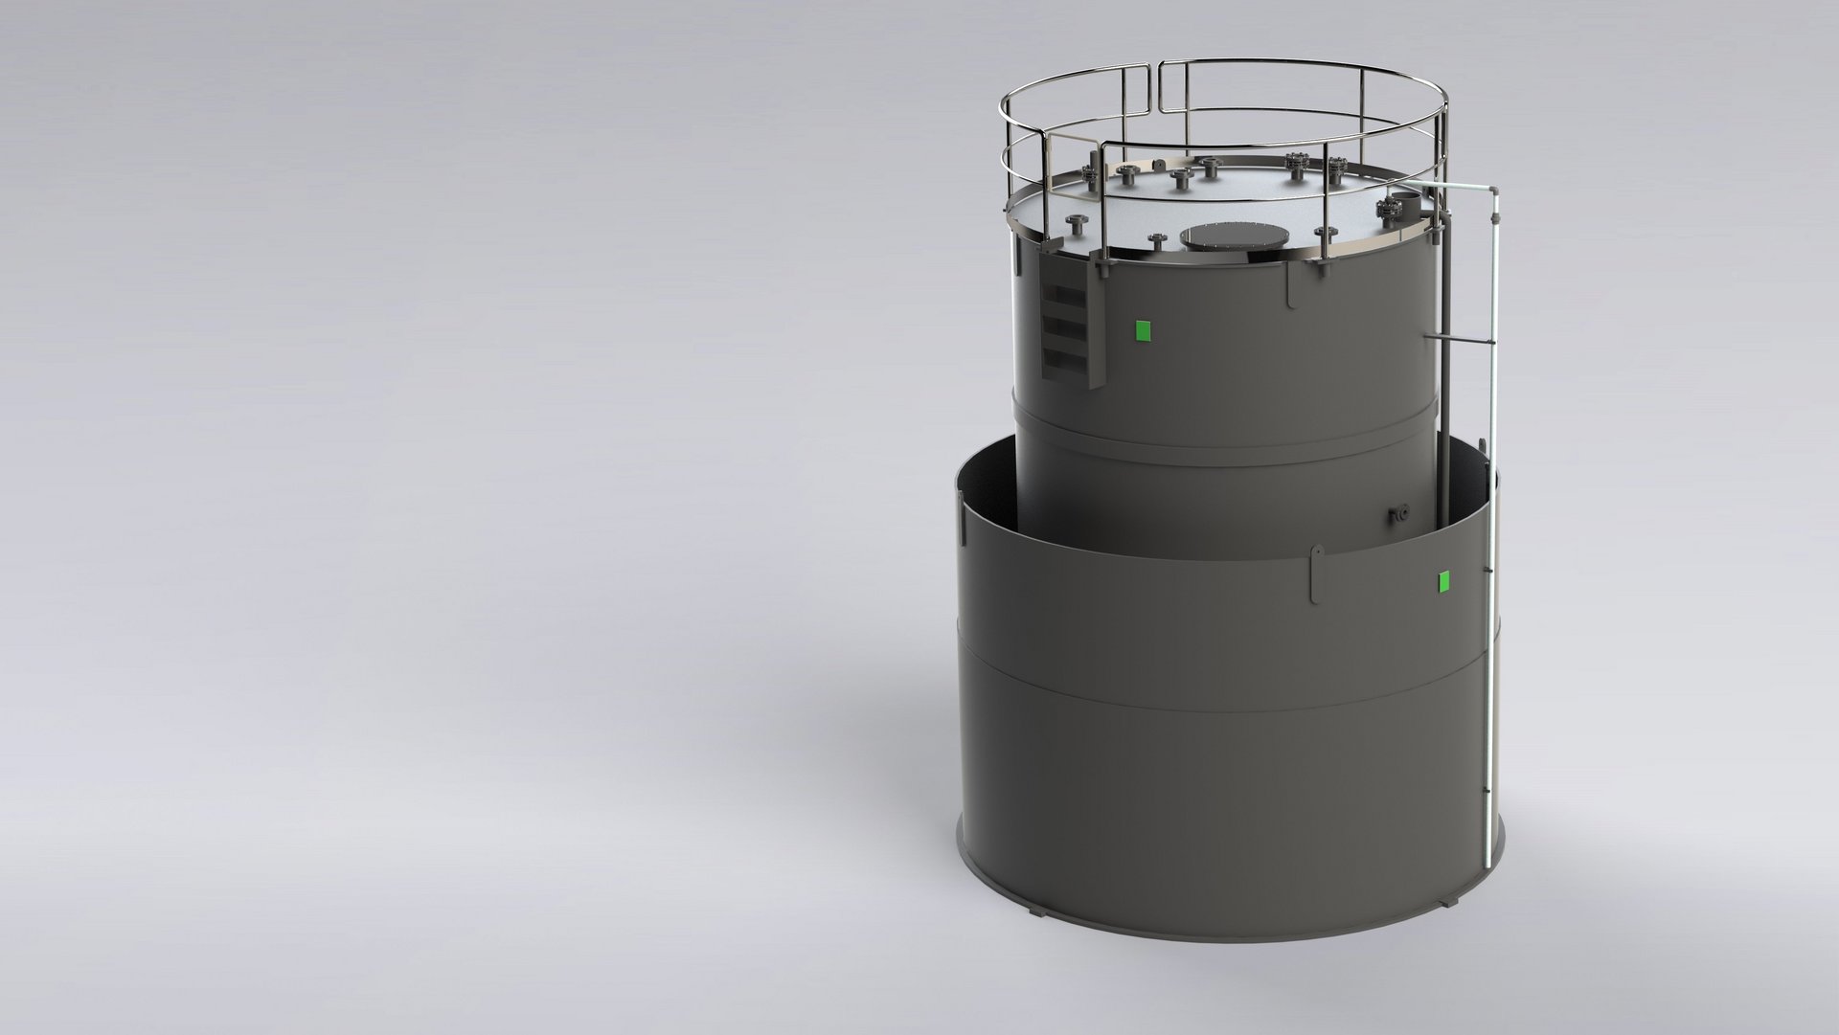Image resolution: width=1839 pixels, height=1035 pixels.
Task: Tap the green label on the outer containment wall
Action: pyautogui.click(x=1443, y=580)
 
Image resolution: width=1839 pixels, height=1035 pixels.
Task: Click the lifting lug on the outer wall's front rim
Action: pyautogui.click(x=1317, y=574)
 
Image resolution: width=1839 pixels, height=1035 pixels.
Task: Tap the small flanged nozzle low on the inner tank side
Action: pyautogui.click(x=1399, y=514)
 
